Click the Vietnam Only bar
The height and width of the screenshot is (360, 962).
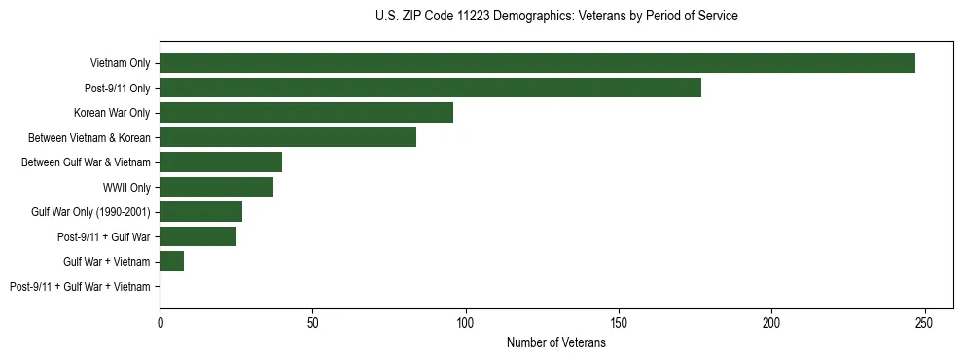click(x=537, y=63)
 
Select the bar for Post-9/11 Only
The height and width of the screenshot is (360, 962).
click(x=430, y=88)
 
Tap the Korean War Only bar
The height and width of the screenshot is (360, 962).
click(x=306, y=113)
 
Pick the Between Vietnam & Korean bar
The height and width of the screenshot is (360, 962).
click(x=288, y=137)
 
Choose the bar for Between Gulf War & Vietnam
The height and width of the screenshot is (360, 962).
click(x=221, y=162)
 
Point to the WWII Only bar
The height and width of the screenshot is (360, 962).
click(x=216, y=187)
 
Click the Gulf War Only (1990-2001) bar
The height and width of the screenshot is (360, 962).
click(x=200, y=212)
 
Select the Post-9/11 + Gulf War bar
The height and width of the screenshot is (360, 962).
click(x=197, y=236)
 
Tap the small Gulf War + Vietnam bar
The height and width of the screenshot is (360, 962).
click(x=172, y=262)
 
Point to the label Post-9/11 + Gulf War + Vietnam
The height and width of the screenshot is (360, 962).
click(x=80, y=287)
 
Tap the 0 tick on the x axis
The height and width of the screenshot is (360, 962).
click(x=160, y=322)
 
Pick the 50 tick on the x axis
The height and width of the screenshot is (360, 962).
click(x=313, y=322)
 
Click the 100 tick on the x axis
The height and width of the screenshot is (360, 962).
click(x=466, y=322)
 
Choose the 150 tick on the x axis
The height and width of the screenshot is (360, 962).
click(x=619, y=322)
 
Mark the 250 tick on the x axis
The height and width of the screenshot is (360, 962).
click(x=924, y=322)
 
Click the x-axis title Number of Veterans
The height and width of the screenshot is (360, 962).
click(x=555, y=343)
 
